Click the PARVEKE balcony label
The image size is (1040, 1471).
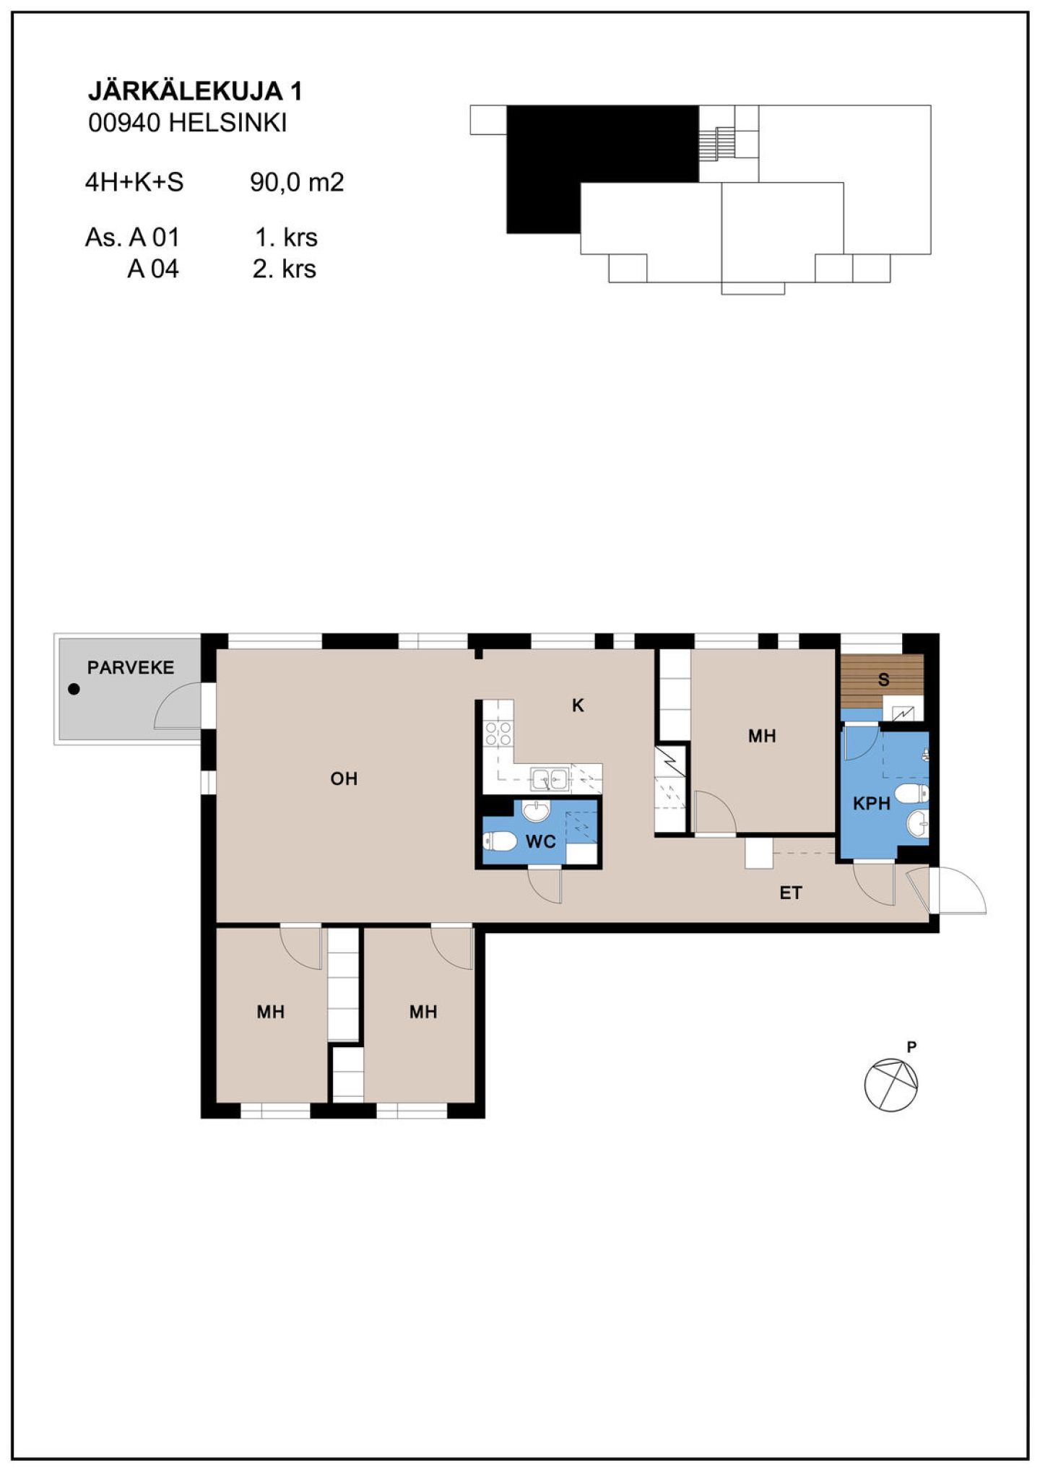tap(131, 667)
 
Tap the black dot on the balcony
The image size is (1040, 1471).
tap(74, 689)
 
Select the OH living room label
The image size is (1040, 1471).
tap(344, 778)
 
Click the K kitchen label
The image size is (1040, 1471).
tap(578, 706)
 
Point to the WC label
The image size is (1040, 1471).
tap(541, 841)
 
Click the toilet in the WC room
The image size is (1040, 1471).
tap(499, 841)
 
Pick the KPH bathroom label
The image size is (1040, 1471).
tap(872, 803)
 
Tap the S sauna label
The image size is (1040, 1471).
tap(883, 680)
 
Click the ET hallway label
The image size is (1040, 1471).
tap(791, 893)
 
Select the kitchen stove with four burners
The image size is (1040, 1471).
tap(498, 733)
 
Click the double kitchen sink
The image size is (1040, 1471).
tap(550, 779)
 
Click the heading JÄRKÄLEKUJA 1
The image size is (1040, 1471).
tap(195, 91)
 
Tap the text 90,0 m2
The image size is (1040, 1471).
tap(297, 182)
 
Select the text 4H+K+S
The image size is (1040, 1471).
tap(134, 182)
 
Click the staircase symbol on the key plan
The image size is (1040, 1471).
tap(717, 143)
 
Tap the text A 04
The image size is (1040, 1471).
tap(153, 269)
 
